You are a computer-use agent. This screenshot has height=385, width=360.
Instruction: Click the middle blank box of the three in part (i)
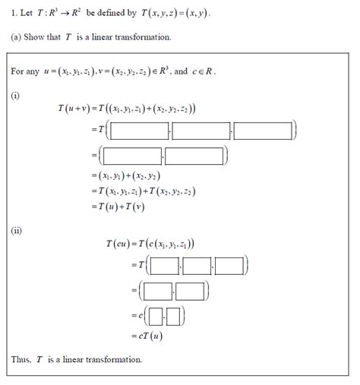tap(201, 131)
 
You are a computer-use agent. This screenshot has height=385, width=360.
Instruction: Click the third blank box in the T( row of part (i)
tap(263, 131)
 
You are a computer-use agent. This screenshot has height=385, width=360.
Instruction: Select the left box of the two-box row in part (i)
tap(132, 156)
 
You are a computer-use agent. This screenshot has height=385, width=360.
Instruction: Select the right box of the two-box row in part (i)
tap(195, 156)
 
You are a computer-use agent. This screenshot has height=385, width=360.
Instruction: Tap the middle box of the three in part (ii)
tap(198, 266)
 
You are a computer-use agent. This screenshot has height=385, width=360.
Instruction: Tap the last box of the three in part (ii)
tap(230, 266)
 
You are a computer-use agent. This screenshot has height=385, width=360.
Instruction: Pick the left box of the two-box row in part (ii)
tap(158, 291)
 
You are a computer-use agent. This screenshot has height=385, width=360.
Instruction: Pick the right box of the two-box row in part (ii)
tap(191, 291)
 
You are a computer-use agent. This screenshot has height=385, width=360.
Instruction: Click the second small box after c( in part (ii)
tap(173, 314)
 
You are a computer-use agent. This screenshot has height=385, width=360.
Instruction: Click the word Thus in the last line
tap(21, 359)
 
